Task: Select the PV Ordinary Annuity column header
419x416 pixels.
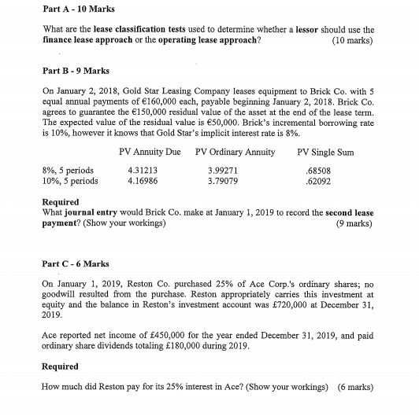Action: (230, 151)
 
